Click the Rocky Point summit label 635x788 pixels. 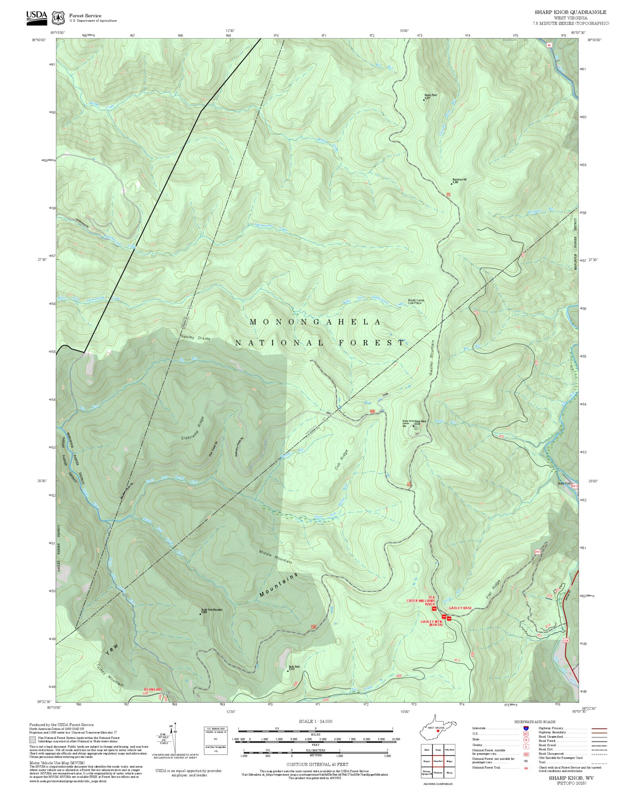point(430,96)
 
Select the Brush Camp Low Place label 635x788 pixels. point(416,302)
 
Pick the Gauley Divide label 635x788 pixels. point(195,338)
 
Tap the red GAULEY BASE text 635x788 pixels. point(460,608)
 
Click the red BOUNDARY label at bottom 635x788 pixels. point(153,690)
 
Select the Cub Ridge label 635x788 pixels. point(341,460)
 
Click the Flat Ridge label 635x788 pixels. point(493,590)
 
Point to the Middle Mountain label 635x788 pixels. point(275,557)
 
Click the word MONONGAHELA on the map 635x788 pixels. point(315,322)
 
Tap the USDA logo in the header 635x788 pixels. point(37,18)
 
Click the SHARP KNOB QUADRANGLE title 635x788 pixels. point(570,12)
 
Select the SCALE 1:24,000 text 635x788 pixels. point(316,721)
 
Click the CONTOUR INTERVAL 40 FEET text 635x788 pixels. point(317,764)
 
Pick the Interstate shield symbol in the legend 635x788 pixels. point(525,728)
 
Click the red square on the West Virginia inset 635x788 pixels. point(438,730)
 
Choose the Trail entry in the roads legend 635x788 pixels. point(542,762)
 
